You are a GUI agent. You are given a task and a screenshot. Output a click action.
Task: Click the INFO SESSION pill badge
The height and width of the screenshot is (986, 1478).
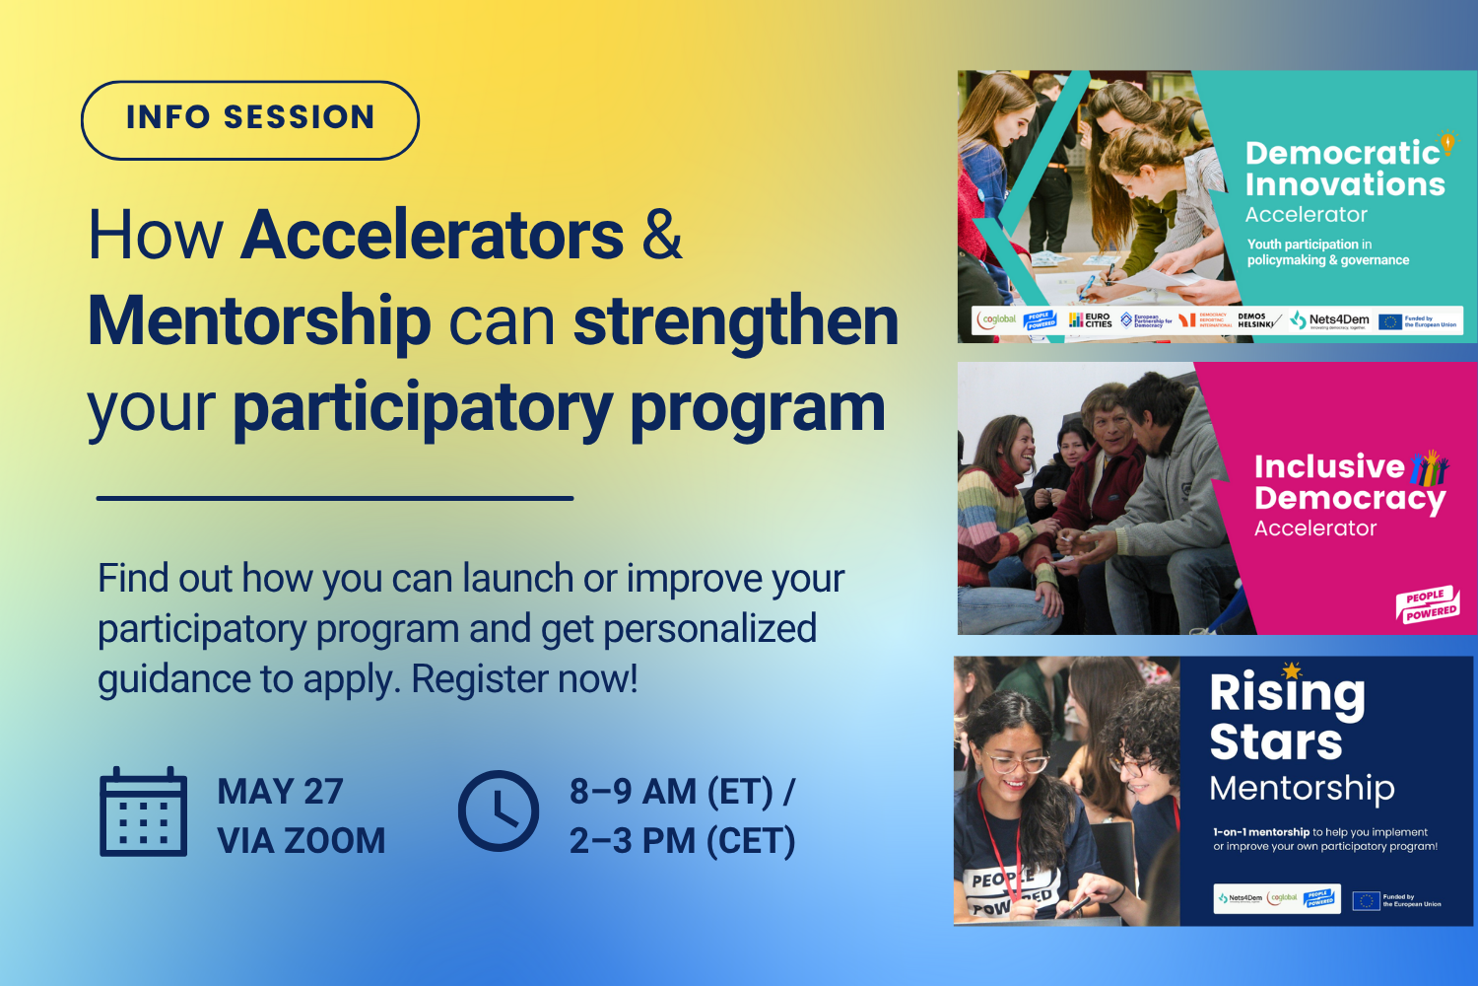[x=250, y=119]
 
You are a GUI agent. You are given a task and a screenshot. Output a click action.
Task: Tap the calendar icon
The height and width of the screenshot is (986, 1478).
[x=143, y=812]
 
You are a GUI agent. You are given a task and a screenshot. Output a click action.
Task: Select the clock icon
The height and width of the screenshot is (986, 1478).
[x=499, y=811]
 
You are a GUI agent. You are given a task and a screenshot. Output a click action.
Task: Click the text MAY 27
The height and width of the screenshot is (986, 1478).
[x=280, y=792]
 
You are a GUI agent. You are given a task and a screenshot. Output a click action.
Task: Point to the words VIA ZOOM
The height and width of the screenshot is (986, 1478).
[x=301, y=841]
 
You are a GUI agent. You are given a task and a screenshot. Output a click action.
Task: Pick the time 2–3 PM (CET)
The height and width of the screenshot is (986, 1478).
[x=682, y=841]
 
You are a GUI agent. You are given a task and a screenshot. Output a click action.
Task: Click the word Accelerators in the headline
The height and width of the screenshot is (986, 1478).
[x=433, y=236]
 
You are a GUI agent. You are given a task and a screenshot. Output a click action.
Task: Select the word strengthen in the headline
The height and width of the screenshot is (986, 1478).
[x=736, y=321]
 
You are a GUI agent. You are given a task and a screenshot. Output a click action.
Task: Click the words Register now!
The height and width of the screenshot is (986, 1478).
[x=525, y=679]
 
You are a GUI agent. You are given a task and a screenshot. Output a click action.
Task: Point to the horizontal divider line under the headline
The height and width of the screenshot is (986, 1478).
[x=335, y=498]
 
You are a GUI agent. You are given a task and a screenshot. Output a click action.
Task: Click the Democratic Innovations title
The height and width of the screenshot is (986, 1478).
[x=1344, y=169]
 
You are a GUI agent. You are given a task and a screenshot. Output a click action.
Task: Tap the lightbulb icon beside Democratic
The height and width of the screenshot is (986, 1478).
[x=1447, y=143]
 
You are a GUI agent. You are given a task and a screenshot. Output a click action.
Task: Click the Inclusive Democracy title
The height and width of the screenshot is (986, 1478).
[x=1348, y=482]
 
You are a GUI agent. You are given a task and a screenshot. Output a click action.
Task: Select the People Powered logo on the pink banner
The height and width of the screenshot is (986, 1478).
[x=1428, y=604]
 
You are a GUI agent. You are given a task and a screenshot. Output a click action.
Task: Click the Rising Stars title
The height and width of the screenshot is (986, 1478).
[x=1286, y=718]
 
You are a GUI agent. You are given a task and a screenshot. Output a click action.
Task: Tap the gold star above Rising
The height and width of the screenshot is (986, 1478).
[x=1292, y=670]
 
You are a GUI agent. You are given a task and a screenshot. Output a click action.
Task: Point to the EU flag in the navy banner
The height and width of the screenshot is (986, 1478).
[x=1366, y=900]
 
